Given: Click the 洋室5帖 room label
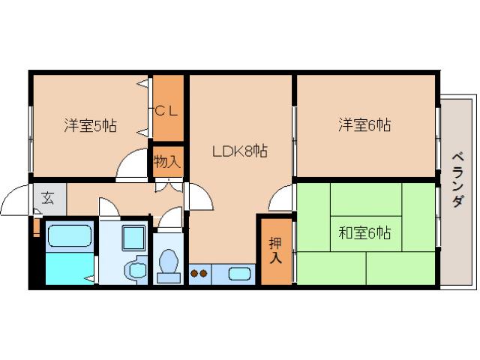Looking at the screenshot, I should pyautogui.click(x=89, y=125).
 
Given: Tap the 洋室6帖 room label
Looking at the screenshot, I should pyautogui.click(x=364, y=125).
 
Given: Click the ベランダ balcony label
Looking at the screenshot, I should pyautogui.click(x=457, y=180).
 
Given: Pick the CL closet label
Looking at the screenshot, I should pyautogui.click(x=167, y=110).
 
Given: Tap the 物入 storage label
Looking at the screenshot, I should pyautogui.click(x=166, y=160).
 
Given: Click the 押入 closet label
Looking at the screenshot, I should pyautogui.click(x=275, y=250).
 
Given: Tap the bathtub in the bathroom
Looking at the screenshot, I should pyautogui.click(x=69, y=238).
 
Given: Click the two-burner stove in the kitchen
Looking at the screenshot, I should pyautogui.click(x=199, y=274).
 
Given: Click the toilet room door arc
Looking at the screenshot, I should pyautogui.click(x=171, y=218).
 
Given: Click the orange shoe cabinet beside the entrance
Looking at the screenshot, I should pyautogui.click(x=35, y=226).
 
